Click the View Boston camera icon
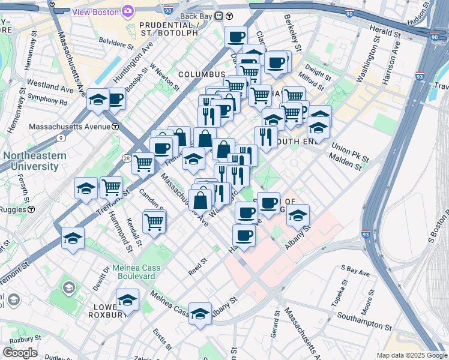pos(127,11)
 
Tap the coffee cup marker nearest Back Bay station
pos(236,37)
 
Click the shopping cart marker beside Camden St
pos(154,221)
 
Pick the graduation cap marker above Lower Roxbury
pos(127,299)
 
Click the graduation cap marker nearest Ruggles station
pos(73,238)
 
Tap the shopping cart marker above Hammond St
pos(111,188)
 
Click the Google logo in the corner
pos(20,352)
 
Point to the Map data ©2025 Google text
pos(412,355)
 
